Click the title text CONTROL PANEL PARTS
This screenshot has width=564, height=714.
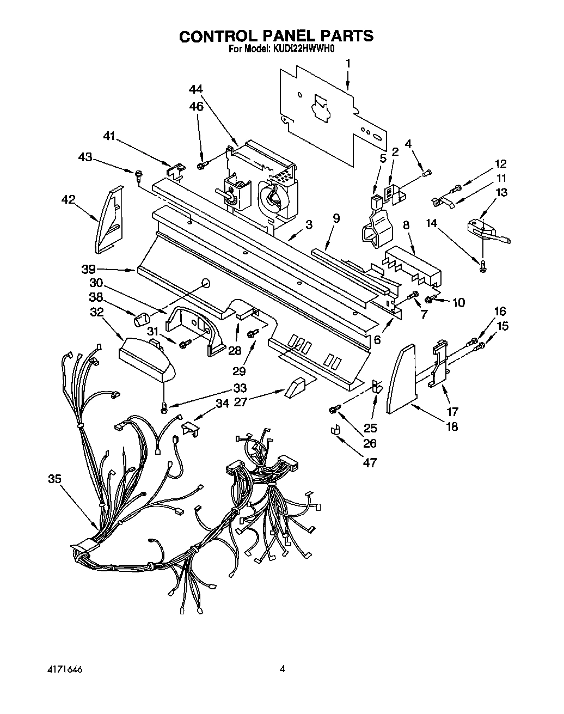[x=276, y=36]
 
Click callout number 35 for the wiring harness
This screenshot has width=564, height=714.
[x=54, y=479]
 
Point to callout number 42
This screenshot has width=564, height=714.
[x=69, y=199]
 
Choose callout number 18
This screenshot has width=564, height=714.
[x=451, y=426]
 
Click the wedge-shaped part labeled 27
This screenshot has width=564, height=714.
[x=295, y=388]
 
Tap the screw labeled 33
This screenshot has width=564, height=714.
[x=164, y=406]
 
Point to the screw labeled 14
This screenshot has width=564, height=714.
[x=482, y=265]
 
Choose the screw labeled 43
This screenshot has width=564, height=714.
[x=139, y=174]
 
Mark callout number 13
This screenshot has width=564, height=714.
[x=501, y=192]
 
